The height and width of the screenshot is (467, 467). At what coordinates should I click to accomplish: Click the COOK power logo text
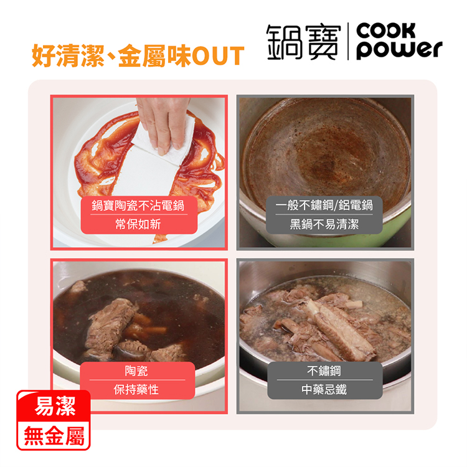399,41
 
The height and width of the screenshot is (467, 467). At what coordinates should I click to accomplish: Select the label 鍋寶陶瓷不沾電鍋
138,205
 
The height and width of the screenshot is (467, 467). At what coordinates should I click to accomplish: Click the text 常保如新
138,224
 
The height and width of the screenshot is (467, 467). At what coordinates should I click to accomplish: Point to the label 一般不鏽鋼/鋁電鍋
324,205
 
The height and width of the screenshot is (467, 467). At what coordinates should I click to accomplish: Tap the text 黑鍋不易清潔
324,224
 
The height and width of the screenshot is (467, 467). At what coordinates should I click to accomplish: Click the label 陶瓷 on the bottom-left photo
136,371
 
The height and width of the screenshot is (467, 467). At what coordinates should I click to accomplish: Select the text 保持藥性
136,390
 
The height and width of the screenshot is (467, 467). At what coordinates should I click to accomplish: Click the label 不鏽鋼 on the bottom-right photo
324,371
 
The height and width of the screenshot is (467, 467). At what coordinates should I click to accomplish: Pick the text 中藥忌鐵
324,390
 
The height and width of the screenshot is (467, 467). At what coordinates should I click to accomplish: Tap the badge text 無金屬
54,436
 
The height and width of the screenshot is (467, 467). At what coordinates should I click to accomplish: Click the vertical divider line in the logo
348,42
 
